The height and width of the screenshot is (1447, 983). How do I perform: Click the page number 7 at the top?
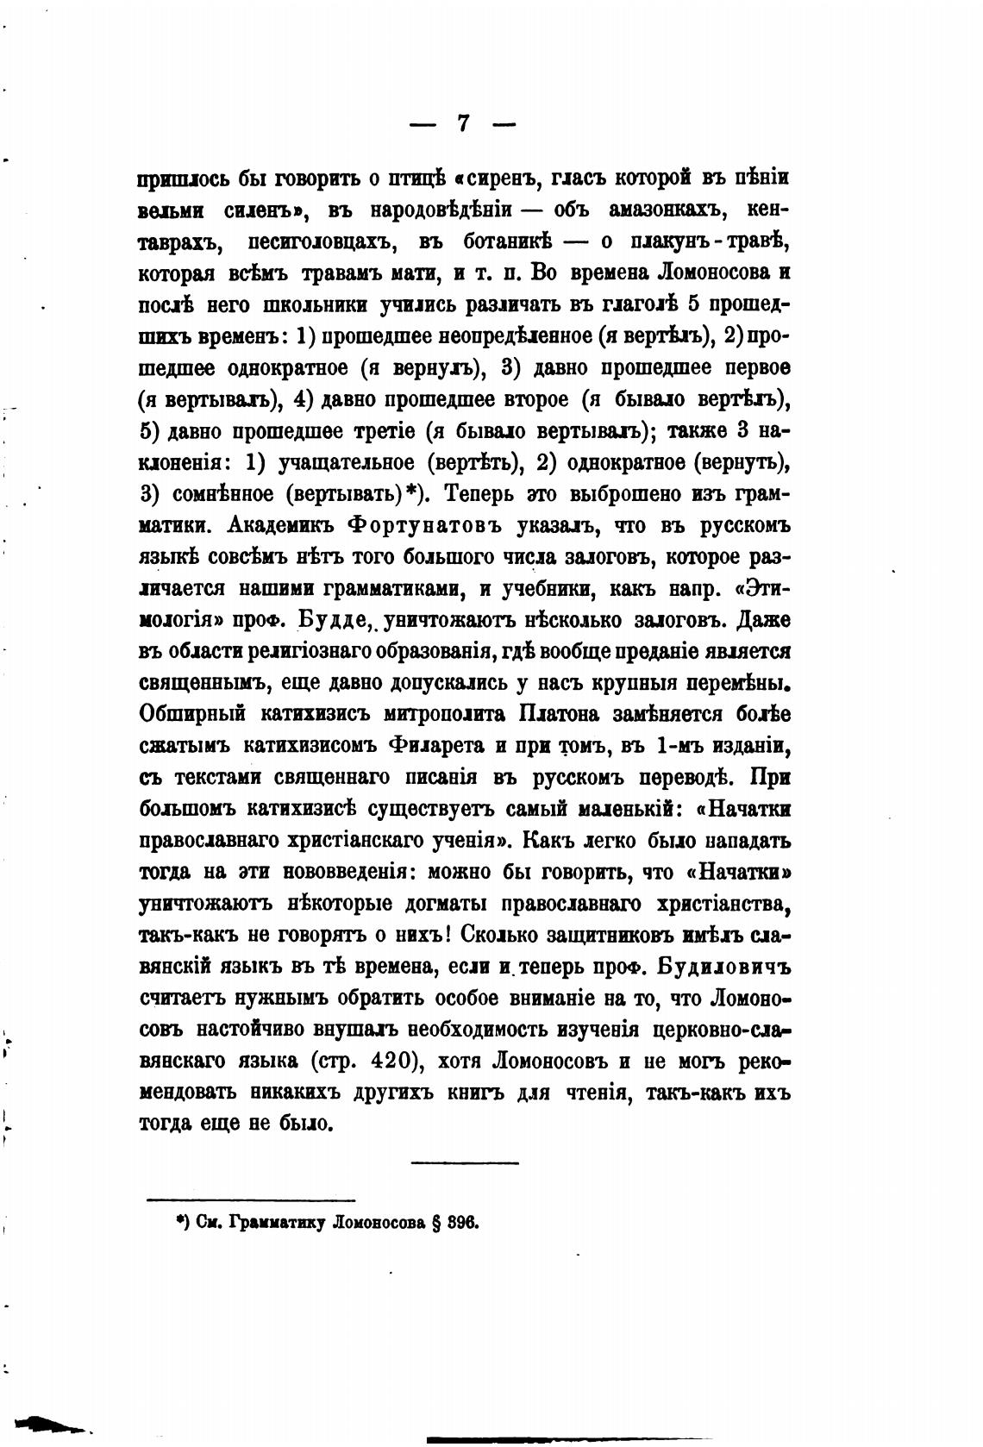pyautogui.click(x=463, y=123)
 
